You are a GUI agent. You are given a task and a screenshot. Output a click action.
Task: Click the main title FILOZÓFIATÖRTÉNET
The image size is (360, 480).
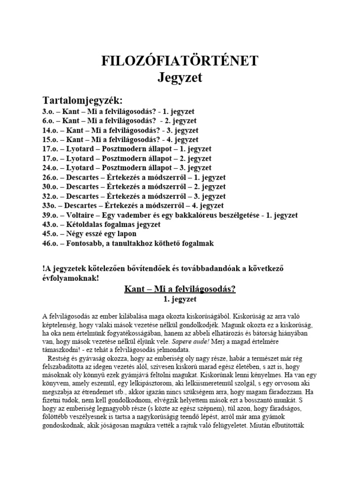pos(180,61)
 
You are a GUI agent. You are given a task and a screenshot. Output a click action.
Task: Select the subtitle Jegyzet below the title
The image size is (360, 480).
pos(180,77)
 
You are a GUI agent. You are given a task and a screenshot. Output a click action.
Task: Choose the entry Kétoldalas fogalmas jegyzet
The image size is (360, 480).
pos(113,225)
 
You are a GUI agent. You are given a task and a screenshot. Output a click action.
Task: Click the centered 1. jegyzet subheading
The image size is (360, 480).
pos(180,299)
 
